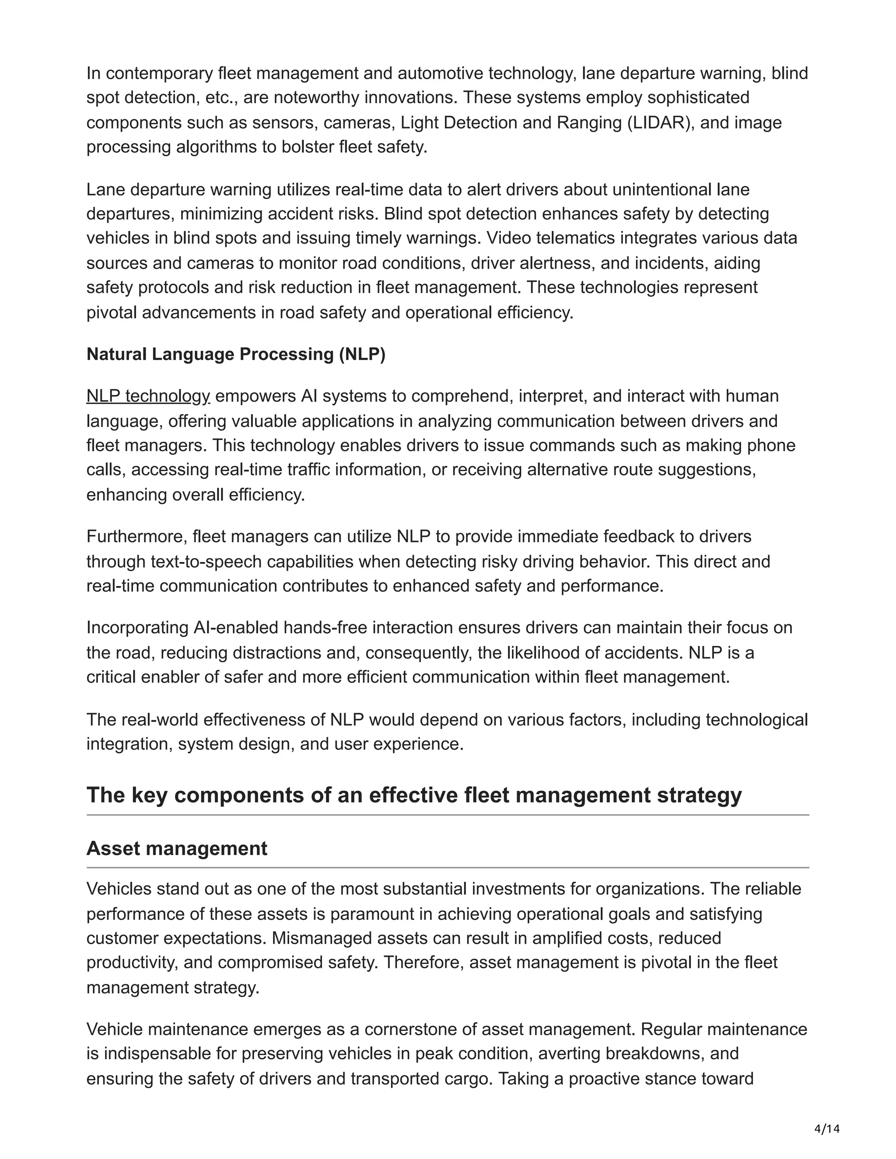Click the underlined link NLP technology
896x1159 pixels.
coord(148,396)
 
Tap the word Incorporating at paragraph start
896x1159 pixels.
coord(137,627)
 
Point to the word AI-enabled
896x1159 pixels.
coord(236,627)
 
